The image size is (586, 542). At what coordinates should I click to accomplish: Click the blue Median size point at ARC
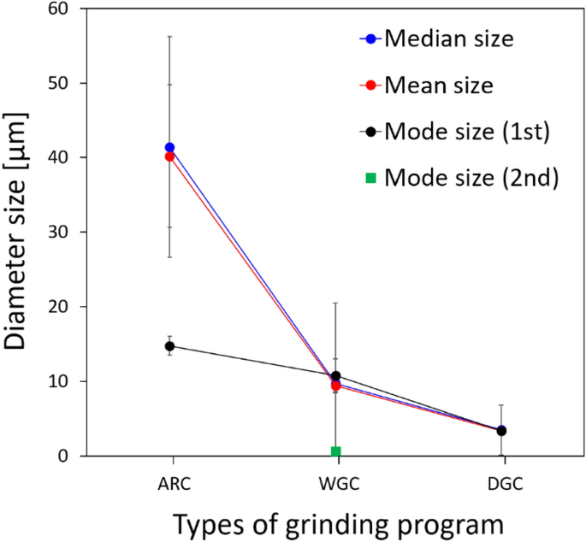coord(169,148)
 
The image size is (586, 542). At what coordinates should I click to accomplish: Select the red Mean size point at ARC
coord(169,156)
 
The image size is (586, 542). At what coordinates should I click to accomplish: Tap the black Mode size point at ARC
coord(169,346)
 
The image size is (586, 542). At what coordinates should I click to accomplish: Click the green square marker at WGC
coord(336,451)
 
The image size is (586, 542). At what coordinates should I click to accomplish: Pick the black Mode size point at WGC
coord(336,376)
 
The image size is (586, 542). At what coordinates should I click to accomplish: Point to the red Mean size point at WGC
coord(336,386)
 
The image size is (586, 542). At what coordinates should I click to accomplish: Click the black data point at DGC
coord(501,431)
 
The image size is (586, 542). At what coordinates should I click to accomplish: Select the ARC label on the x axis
coord(169,484)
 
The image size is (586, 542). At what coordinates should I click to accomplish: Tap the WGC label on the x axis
coord(336,484)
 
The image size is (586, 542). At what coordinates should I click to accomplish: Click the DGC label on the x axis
coord(501,484)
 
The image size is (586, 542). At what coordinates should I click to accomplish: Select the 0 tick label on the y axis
coord(68,456)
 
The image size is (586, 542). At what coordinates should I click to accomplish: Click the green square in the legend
coord(370,178)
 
